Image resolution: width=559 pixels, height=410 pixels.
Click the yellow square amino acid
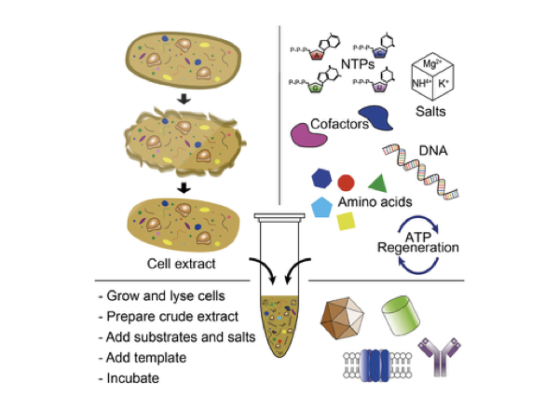[x=346, y=221]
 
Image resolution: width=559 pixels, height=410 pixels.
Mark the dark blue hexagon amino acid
[x=320, y=178]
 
